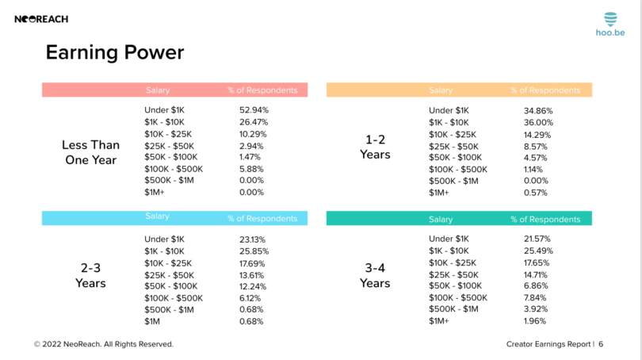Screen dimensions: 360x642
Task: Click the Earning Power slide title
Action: coord(115,52)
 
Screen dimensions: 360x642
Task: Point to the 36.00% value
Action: coord(538,123)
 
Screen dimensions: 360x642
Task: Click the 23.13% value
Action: coord(253,239)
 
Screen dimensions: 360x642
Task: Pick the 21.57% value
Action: coord(537,239)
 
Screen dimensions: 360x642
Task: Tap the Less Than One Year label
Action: coord(90,153)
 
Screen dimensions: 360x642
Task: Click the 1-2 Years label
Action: coord(375,147)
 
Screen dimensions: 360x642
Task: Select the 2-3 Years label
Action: coord(90,276)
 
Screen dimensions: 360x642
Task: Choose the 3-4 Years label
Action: coord(375,276)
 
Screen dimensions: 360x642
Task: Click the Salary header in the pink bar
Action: coord(158,90)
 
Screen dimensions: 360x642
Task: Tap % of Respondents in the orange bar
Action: coord(545,90)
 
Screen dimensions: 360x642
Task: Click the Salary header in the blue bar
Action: coord(158,216)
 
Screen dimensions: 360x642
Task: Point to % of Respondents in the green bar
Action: coord(545,219)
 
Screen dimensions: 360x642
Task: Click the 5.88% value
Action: coord(251,169)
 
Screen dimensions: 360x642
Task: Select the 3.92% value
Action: coord(536,309)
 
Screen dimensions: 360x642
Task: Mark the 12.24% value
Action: coord(253,286)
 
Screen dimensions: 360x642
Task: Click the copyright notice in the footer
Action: coord(103,344)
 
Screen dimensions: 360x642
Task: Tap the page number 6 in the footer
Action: coord(601,344)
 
